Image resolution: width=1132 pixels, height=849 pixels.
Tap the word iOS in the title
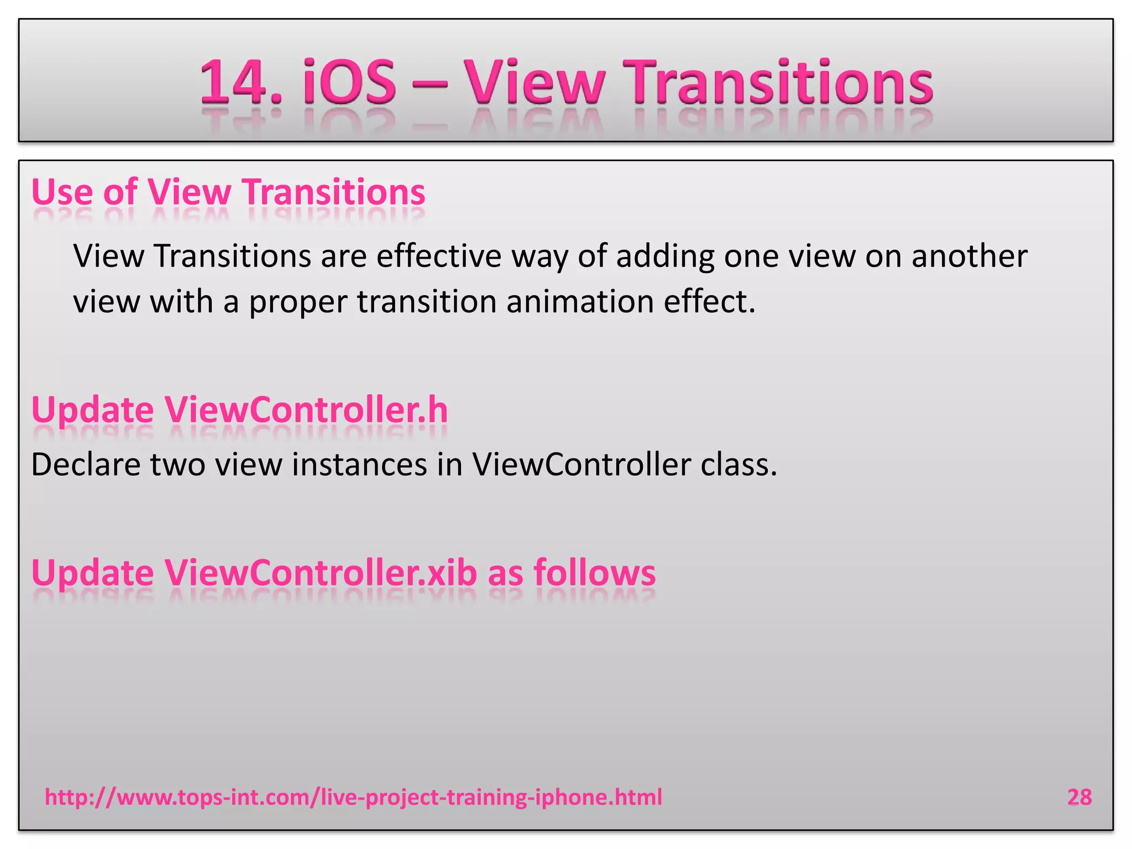349,83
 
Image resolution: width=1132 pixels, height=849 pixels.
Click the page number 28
1079,797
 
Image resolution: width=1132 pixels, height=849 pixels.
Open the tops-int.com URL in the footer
353,797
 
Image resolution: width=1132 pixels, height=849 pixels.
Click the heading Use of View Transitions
228,192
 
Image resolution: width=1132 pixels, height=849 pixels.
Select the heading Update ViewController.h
239,410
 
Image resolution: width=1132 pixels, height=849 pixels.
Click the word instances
359,464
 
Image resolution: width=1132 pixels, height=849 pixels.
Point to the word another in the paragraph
969,256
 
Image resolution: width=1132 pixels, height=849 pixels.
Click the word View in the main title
533,83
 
